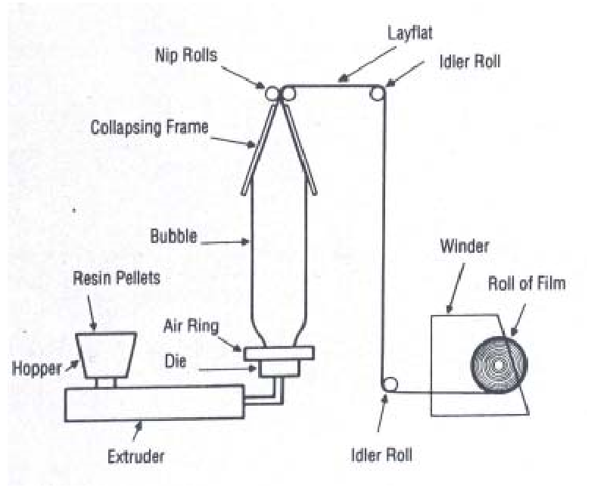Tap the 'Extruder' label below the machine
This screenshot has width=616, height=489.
point(136,456)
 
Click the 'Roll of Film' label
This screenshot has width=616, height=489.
point(528,284)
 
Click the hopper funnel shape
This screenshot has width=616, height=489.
point(107,355)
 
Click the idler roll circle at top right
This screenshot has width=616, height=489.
point(376,92)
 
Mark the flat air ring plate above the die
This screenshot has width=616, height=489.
point(277,352)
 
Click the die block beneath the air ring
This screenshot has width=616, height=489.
point(277,369)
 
